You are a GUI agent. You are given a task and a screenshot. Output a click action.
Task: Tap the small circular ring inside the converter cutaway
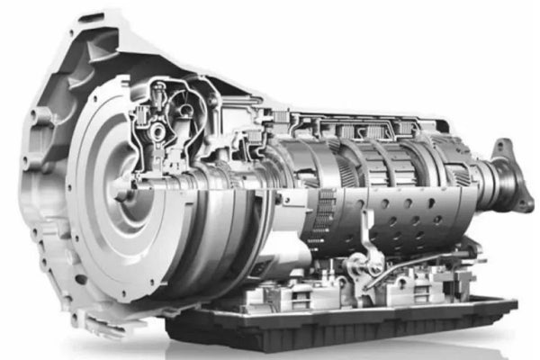pyautogui.click(x=159, y=132)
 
